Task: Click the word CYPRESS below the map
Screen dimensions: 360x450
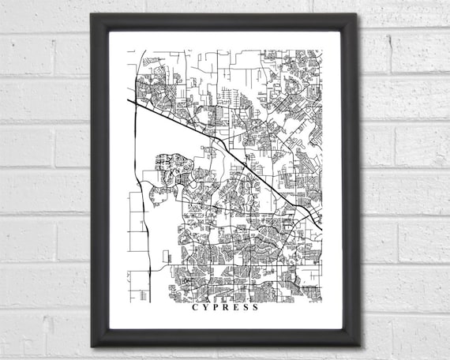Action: [225, 308]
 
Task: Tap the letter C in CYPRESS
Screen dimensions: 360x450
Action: [195, 308]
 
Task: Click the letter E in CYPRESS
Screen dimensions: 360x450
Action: [235, 308]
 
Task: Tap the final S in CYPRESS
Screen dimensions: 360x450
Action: [255, 308]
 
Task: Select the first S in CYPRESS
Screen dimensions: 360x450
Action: [245, 308]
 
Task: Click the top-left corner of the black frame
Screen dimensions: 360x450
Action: [91, 14]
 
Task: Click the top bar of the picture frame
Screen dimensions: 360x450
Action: [225, 22]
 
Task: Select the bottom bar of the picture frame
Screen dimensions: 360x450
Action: [225, 337]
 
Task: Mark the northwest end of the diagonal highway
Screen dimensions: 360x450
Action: [129, 99]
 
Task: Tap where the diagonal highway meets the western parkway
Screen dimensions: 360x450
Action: [142, 108]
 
